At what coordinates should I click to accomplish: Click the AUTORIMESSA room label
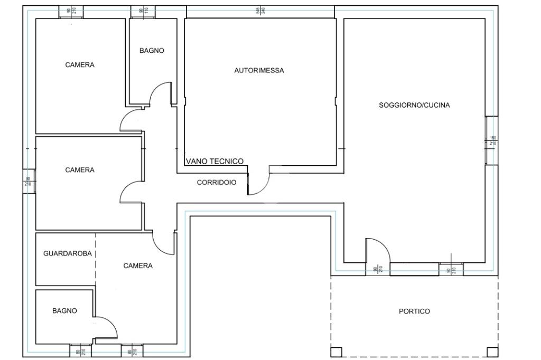[x=259, y=70]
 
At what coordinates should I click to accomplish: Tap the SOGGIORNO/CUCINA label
[x=414, y=105]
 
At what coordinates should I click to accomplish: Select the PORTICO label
[x=414, y=311]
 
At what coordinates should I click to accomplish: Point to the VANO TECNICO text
[x=214, y=162]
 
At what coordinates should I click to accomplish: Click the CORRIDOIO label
[x=216, y=183]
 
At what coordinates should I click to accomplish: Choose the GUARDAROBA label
[x=67, y=253]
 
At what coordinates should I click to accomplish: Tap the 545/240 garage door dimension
[x=260, y=11]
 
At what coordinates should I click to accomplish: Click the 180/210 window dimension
[x=492, y=141]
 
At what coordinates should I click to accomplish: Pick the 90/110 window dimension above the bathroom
[x=143, y=11]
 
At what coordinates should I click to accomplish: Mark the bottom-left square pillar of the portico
[x=336, y=352]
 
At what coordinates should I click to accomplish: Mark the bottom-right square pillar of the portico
[x=492, y=352]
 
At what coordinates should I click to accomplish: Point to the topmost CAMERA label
[x=80, y=65]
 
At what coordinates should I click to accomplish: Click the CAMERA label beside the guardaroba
[x=138, y=266]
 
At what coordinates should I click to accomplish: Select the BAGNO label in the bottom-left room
[x=64, y=311]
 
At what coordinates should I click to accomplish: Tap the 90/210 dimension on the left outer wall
[x=27, y=182]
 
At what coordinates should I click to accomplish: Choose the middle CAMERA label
[x=80, y=170]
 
